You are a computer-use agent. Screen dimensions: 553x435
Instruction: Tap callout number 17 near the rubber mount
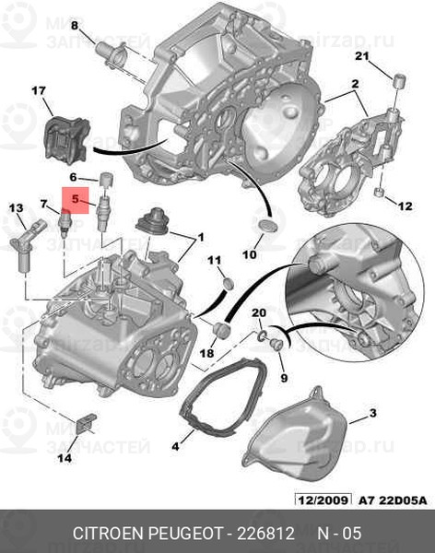[38, 90]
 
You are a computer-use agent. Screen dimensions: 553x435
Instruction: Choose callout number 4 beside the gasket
[176, 448]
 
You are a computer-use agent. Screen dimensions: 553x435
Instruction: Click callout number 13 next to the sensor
[16, 209]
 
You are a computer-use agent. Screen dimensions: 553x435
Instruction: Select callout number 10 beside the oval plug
[249, 253]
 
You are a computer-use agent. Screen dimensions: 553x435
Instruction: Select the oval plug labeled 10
[265, 225]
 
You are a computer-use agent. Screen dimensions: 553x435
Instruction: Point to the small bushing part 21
[397, 82]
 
